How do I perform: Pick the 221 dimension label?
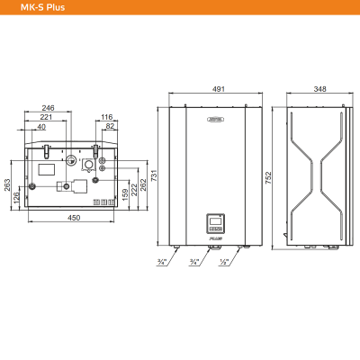click(47, 117)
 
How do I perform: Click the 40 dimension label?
click(42, 128)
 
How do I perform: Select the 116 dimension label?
click(106, 117)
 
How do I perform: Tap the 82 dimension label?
click(110, 128)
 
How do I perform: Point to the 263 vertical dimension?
click(8, 185)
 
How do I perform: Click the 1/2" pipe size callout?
click(222, 262)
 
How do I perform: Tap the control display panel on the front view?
click(215, 221)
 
